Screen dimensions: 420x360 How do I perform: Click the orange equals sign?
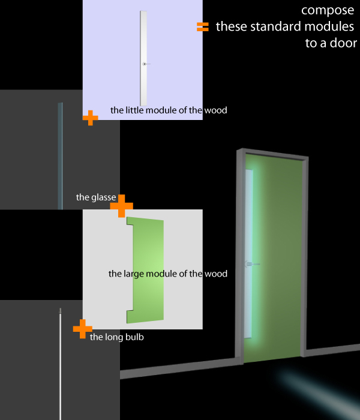pyautogui.click(x=203, y=26)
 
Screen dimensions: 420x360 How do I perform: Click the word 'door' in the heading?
pyautogui.click(x=344, y=43)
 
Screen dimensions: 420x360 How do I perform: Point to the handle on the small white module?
pyautogui.click(x=145, y=64)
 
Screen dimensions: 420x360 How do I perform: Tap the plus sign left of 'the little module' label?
pyautogui.click(x=90, y=118)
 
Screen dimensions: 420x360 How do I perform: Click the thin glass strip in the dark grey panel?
pyautogui.click(x=60, y=156)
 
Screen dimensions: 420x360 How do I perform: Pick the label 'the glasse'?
pyautogui.click(x=96, y=197)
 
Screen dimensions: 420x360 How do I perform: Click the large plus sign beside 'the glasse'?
pyautogui.click(x=121, y=205)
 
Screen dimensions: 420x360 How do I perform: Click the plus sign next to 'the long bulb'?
pyautogui.click(x=82, y=328)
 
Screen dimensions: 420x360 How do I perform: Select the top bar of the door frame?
pyautogui.click(x=273, y=153)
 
